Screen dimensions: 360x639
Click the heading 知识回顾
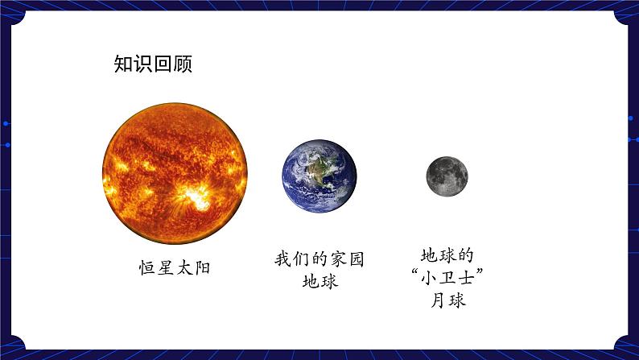click(153, 64)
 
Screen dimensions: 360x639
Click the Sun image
click(175, 174)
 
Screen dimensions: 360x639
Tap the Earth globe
click(319, 176)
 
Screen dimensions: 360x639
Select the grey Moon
click(447, 176)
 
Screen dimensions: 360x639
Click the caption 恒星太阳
click(175, 267)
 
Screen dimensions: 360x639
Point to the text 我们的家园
click(319, 259)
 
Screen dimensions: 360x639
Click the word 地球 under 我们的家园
click(319, 282)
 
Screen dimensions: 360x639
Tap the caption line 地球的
click(445, 255)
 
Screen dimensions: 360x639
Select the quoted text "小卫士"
click(446, 279)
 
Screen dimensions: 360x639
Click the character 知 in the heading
click(124, 64)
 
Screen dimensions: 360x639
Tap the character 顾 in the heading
click(183, 64)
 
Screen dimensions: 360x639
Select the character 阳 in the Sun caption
click(202, 267)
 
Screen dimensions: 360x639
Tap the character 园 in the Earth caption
click(356, 259)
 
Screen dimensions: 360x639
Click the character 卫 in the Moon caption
click(446, 279)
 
